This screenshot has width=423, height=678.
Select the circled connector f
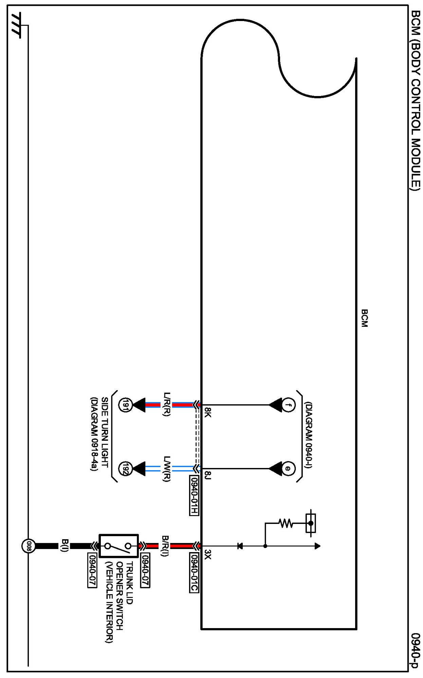pyautogui.click(x=288, y=405)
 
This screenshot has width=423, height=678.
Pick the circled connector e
pyautogui.click(x=288, y=469)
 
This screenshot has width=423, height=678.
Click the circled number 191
pyautogui.click(x=125, y=405)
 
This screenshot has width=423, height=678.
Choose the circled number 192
pyautogui.click(x=125, y=469)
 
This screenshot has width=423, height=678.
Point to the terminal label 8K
pyautogui.click(x=208, y=413)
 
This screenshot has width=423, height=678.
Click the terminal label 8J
pyautogui.click(x=208, y=475)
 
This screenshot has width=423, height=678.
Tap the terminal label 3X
pyautogui.click(x=208, y=555)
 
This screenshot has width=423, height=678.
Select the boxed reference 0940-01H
pyautogui.click(x=194, y=495)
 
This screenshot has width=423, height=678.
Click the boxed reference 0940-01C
pyautogui.click(x=194, y=573)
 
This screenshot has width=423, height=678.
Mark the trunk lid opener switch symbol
pyautogui.click(x=118, y=546)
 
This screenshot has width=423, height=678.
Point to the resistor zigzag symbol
pyautogui.click(x=286, y=523)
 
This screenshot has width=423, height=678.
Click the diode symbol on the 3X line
pyautogui.click(x=240, y=546)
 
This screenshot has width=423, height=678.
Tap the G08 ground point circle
pyautogui.click(x=29, y=546)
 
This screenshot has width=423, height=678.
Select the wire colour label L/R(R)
pyautogui.click(x=167, y=404)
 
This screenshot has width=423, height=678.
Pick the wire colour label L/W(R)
pyautogui.click(x=167, y=469)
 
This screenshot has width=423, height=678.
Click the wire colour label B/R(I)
pyautogui.click(x=165, y=546)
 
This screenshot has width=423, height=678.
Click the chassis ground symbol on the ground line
pyautogui.click(x=16, y=26)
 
